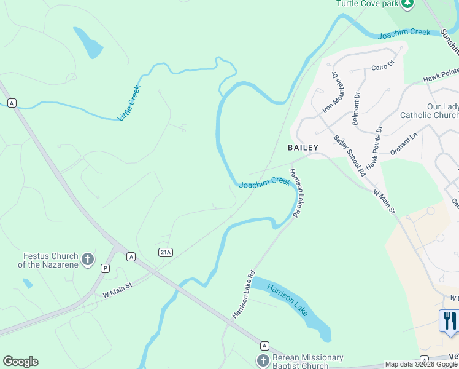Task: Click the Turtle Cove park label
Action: coord(366,4)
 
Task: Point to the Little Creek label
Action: coord(129,103)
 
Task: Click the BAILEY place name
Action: coord(303,148)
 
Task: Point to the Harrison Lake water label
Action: coord(288,300)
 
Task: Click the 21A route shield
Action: coord(165,252)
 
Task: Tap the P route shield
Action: coord(105,268)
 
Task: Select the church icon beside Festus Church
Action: coord(88,260)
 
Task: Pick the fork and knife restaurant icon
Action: coord(449,320)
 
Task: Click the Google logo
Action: coord(20,362)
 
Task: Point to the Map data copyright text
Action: coord(421,364)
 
